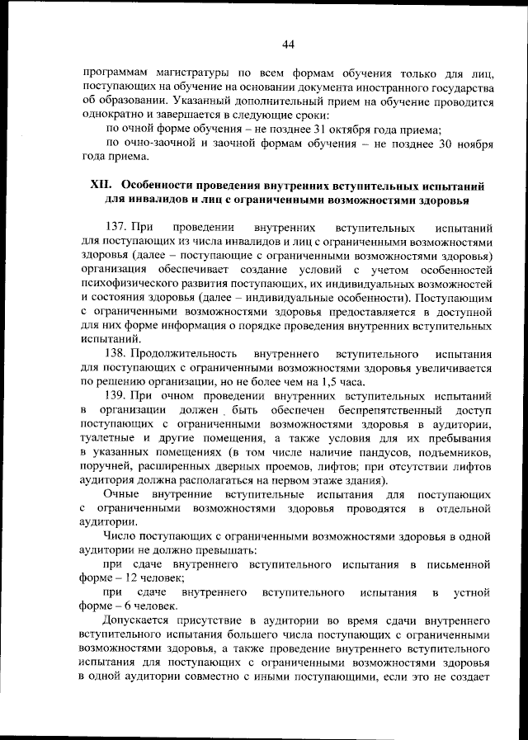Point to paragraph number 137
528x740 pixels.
[x=119, y=227]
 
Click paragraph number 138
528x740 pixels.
[x=119, y=352]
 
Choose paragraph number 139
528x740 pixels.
[x=119, y=395]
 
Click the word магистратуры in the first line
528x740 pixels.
[x=182, y=72]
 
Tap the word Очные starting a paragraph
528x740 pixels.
[x=122, y=494]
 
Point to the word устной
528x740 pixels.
[x=474, y=592]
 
